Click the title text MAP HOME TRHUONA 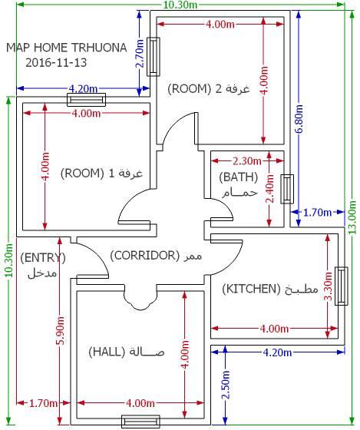pyautogui.click(x=67, y=48)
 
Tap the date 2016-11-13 pyautogui.click(x=56, y=62)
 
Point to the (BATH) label pyautogui.click(x=239, y=177)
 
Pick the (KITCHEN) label pyautogui.click(x=252, y=289)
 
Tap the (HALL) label pyautogui.click(x=107, y=352)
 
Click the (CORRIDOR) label pyautogui.click(x=145, y=255)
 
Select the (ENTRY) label pyautogui.click(x=43, y=258)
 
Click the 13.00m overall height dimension pyautogui.click(x=352, y=217)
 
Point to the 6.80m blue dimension pyautogui.click(x=299, y=118)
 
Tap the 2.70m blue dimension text pyautogui.click(x=140, y=54)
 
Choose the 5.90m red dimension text pyautogui.click(x=61, y=330)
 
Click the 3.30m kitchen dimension pyautogui.click(x=328, y=286)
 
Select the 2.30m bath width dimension pyautogui.click(x=247, y=161)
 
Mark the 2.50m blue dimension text pyautogui.click(x=226, y=385)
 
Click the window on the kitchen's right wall pyautogui.click(x=342, y=286)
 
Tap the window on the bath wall pyautogui.click(x=287, y=189)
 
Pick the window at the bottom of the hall pyautogui.click(x=140, y=422)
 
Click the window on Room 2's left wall pyautogui.click(x=154, y=57)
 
